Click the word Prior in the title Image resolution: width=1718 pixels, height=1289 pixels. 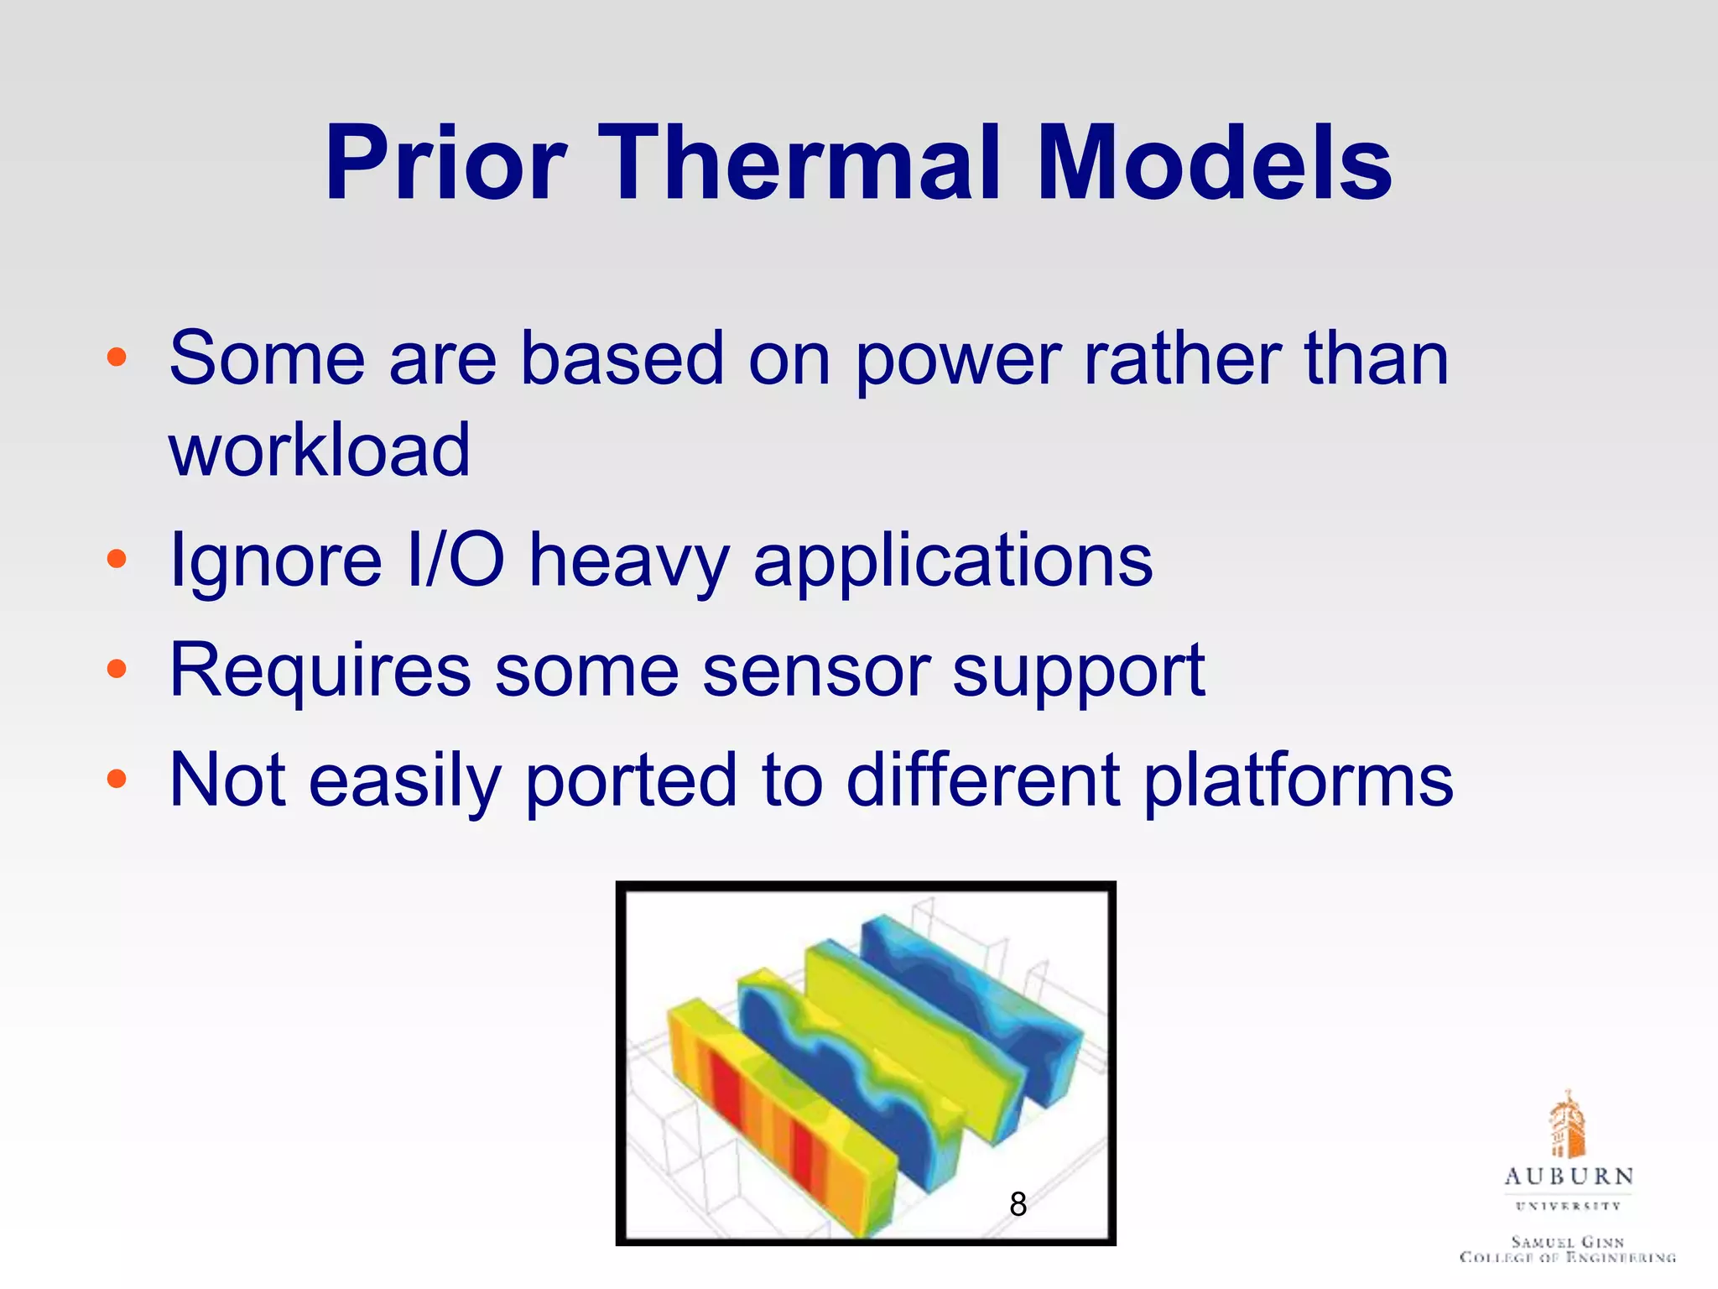(x=445, y=163)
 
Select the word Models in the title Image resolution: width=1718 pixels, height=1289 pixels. (x=1214, y=163)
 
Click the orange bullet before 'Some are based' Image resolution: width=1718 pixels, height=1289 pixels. (x=117, y=358)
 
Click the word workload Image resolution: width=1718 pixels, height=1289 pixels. (x=320, y=450)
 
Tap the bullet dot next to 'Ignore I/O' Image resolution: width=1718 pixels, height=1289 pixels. (x=117, y=559)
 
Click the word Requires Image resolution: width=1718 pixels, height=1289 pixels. (x=320, y=672)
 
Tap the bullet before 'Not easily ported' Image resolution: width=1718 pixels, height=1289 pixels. (x=117, y=780)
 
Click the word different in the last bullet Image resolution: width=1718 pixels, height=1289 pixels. (x=982, y=780)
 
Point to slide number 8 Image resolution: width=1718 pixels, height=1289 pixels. (x=1018, y=1204)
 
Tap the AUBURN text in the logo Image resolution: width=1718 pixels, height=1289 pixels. (x=1568, y=1177)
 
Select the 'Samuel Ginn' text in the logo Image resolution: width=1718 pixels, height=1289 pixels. (x=1567, y=1241)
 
